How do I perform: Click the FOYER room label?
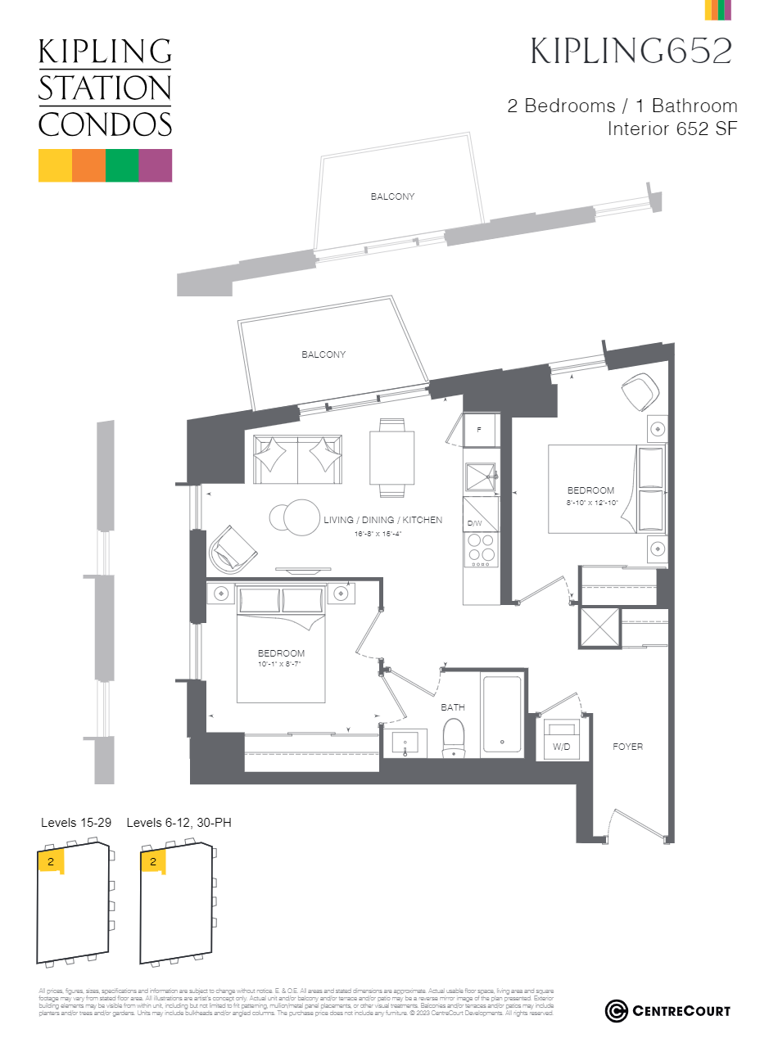(x=627, y=747)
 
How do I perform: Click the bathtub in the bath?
(x=501, y=713)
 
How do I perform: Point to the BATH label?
(x=453, y=707)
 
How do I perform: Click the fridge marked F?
(x=480, y=430)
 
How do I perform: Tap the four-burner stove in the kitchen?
(x=481, y=549)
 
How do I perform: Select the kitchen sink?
(x=480, y=477)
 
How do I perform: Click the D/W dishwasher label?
(x=475, y=523)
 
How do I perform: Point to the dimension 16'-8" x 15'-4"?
(x=378, y=534)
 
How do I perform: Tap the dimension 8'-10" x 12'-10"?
(x=591, y=503)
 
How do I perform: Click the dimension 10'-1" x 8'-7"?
(x=281, y=664)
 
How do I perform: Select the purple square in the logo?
(x=156, y=165)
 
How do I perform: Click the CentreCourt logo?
(x=667, y=1011)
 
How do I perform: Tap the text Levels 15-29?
(x=76, y=822)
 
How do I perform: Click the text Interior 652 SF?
(x=672, y=129)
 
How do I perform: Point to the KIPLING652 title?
(x=631, y=51)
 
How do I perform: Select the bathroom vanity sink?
(x=405, y=743)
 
